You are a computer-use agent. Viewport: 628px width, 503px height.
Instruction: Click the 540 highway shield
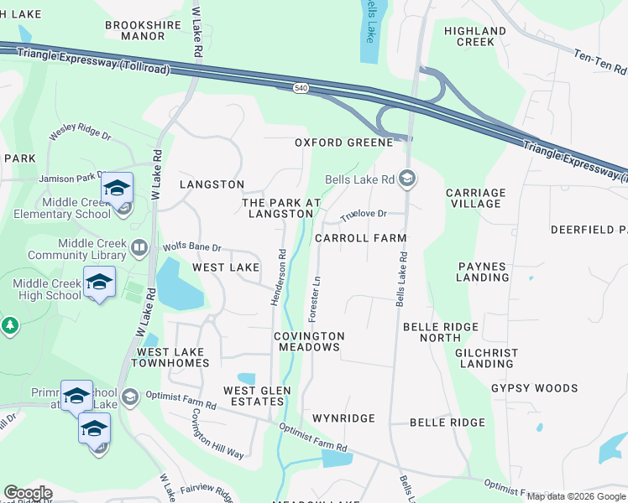coord(301,87)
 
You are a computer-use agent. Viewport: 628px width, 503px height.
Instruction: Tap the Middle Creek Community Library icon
coord(139,248)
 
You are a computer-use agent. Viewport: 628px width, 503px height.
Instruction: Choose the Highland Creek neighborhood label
coord(475,36)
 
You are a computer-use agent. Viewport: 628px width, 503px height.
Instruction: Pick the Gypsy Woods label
coord(534,388)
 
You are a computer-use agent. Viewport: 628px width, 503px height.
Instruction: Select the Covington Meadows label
coord(309,341)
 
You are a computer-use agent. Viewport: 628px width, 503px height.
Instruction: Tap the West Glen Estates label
coord(257,396)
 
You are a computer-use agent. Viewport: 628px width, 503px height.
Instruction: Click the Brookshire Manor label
coord(135,30)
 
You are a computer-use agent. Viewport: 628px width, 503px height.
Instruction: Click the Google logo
coord(28,493)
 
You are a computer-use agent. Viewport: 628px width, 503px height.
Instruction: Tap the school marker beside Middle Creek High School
coord(99,283)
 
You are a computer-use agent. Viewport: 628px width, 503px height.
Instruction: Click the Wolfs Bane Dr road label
coord(191,248)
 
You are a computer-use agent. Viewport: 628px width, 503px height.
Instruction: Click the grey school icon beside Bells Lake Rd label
coord(407,178)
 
